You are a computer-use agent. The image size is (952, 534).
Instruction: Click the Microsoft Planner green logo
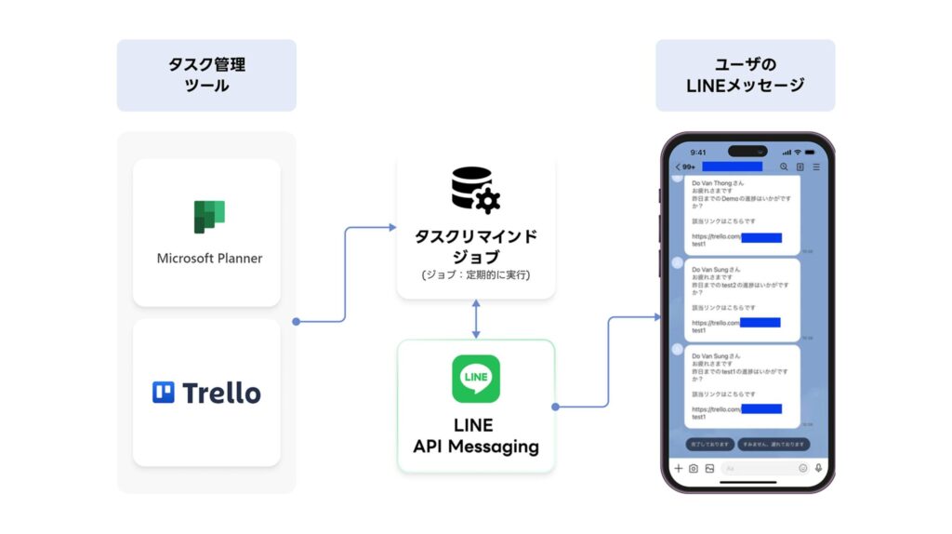click(x=209, y=217)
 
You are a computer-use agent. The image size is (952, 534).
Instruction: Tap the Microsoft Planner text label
click(x=209, y=258)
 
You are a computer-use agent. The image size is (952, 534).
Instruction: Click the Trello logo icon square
click(x=164, y=393)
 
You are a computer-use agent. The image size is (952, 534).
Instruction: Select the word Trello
click(x=221, y=393)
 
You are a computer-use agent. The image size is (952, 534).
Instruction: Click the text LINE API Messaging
click(x=476, y=435)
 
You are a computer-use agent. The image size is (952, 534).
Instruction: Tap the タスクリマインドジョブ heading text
click(x=476, y=245)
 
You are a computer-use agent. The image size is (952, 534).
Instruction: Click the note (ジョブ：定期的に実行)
click(x=476, y=275)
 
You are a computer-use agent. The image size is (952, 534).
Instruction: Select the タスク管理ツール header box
click(x=206, y=75)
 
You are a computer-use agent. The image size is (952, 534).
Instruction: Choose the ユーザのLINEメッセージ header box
click(x=745, y=75)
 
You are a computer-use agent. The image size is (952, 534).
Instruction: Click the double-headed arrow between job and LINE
click(x=476, y=318)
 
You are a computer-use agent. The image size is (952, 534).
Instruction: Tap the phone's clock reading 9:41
click(x=698, y=152)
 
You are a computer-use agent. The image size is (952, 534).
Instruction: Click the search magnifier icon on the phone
click(x=784, y=167)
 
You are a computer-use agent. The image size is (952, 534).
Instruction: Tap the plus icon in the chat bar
click(x=679, y=469)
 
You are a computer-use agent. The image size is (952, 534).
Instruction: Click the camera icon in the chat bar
click(x=694, y=469)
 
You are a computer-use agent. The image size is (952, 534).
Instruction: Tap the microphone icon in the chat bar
click(x=818, y=469)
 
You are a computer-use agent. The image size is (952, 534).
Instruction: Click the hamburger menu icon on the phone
click(x=816, y=167)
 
